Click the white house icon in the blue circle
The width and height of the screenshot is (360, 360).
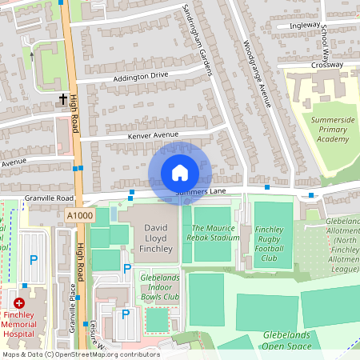[180, 173]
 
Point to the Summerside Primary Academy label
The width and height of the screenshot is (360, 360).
[319, 129]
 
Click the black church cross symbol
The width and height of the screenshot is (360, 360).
[63, 100]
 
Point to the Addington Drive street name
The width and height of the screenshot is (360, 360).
[141, 74]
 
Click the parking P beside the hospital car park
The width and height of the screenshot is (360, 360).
[33, 259]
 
